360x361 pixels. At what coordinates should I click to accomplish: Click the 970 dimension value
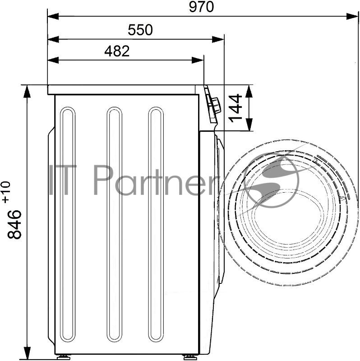201,7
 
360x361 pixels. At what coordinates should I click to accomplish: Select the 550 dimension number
140,30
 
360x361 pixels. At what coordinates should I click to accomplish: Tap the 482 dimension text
117,51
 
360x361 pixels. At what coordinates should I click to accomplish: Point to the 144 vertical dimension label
235,108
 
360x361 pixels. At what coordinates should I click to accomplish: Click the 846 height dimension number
14,224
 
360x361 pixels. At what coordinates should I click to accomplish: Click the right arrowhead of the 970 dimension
352,16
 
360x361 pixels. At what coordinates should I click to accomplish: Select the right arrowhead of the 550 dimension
218,39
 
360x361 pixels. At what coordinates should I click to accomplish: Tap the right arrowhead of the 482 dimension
198,60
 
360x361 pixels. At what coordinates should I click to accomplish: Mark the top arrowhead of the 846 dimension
27,91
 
